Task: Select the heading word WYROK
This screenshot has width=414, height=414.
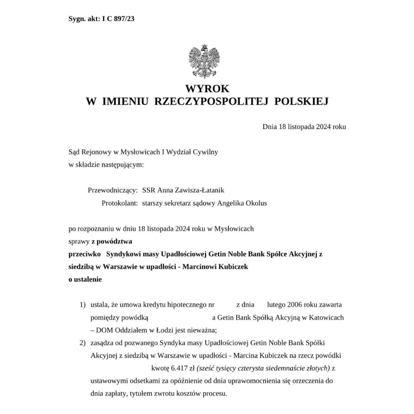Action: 207,89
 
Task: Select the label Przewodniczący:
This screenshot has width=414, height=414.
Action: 113,190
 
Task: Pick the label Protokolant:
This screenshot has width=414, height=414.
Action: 120,203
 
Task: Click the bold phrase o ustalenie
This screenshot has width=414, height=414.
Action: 85,279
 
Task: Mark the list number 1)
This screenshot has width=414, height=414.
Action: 82,305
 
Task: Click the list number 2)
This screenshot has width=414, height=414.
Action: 82,343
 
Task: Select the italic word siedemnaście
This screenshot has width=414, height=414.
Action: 287,368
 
